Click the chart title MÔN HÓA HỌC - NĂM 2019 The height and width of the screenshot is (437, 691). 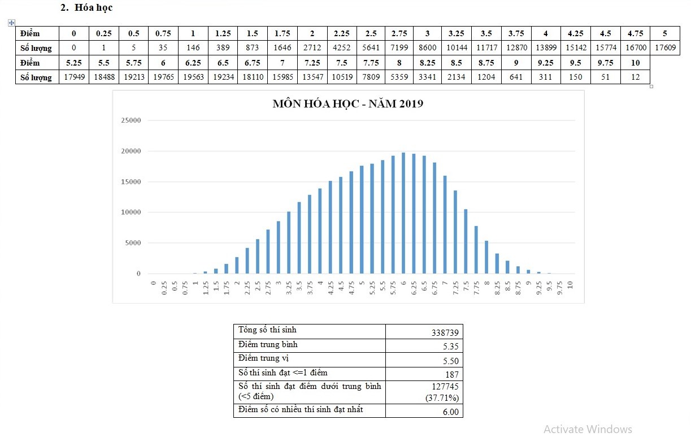(x=347, y=104)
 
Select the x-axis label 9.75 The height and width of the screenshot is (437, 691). (x=560, y=288)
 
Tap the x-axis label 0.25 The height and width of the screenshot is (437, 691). (x=164, y=288)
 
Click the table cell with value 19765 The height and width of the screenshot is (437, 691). (x=163, y=77)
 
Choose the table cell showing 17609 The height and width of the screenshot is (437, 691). (x=664, y=48)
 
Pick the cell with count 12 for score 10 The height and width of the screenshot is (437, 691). (x=635, y=77)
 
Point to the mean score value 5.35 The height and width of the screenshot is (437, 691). (x=450, y=347)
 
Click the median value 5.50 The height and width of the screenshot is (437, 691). (x=450, y=361)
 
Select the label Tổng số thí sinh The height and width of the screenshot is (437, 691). (x=267, y=330)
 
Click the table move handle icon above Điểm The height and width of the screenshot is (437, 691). (x=11, y=23)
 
